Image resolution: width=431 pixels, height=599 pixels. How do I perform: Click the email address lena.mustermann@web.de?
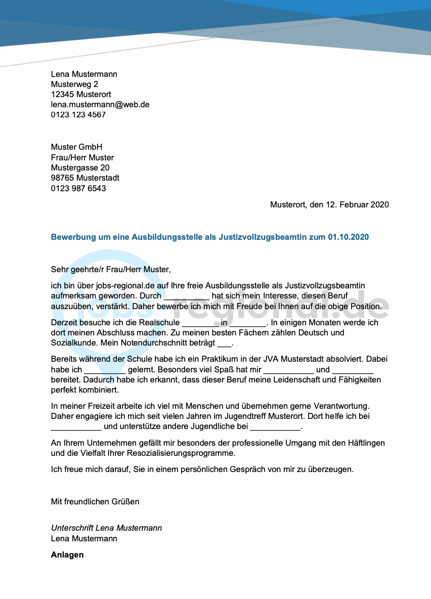[x=100, y=105]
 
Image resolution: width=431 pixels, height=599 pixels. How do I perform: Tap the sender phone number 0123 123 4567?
[x=78, y=115]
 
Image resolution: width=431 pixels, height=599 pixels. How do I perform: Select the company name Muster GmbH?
[x=76, y=147]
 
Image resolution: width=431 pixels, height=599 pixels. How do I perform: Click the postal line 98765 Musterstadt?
[x=85, y=178]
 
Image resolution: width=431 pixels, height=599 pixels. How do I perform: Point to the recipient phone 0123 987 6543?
[x=78, y=189]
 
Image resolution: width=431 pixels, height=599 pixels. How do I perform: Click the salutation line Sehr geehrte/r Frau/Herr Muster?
[x=111, y=270]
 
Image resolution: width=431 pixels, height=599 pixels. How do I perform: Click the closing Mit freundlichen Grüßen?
[x=95, y=502]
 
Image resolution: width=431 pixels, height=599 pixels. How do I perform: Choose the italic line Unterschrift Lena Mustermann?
[x=106, y=528]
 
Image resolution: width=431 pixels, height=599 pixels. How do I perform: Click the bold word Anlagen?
[x=67, y=555]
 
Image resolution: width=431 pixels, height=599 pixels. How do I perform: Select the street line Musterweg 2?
[x=74, y=84]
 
